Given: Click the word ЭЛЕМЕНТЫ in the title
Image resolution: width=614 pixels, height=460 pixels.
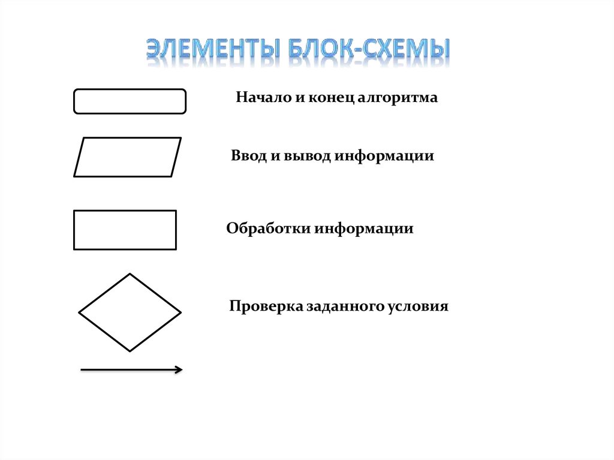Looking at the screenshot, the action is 212,53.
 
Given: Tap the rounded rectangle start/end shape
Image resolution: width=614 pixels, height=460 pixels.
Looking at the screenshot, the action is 130,101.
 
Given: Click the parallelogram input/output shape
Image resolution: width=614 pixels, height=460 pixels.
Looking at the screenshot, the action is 127,157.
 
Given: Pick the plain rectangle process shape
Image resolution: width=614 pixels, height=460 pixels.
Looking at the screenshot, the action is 125,230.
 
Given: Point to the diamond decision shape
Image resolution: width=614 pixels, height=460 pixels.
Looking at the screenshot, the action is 130,312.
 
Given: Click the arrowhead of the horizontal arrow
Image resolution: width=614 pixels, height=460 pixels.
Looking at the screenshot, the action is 179,370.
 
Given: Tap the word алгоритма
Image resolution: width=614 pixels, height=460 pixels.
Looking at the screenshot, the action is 398,97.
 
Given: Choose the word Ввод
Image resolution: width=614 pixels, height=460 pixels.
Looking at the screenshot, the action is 247,156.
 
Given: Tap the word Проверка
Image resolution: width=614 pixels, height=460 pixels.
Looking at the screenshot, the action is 266,306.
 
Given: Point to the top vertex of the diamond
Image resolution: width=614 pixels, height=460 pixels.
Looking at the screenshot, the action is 130,274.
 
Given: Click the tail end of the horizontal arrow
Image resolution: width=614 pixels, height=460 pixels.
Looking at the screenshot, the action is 82,371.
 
